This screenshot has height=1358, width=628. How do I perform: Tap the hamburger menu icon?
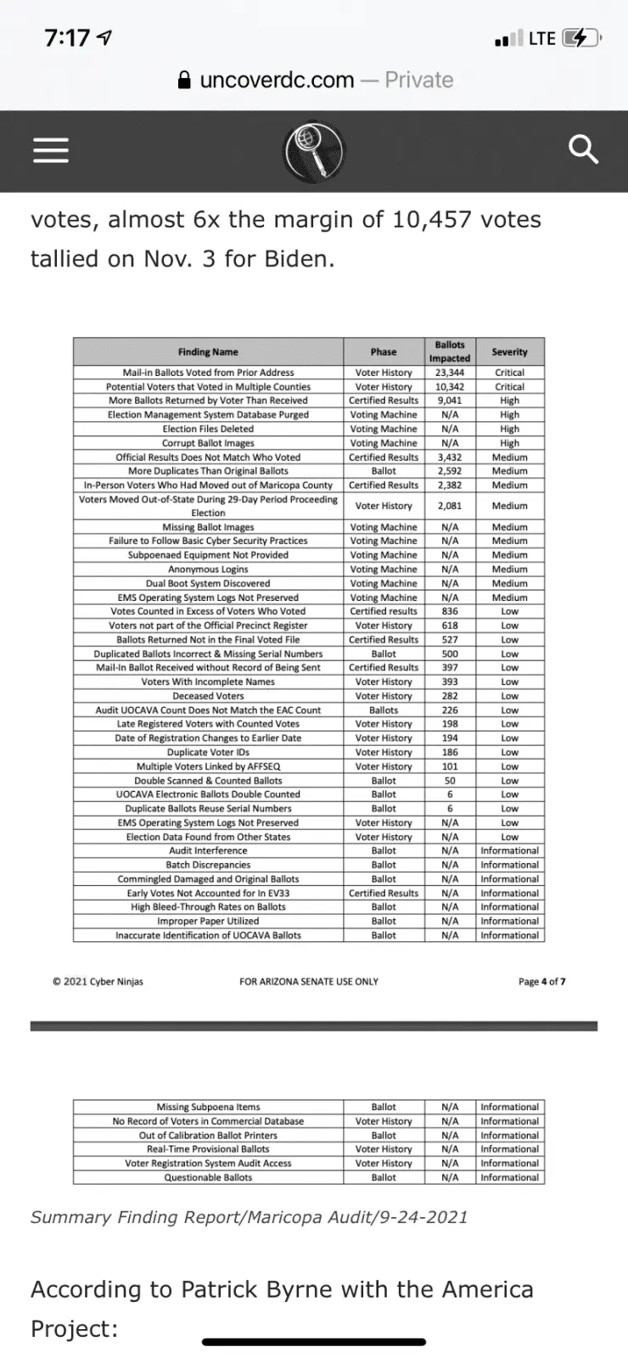tap(50, 150)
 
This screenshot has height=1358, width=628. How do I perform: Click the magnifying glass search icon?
tap(583, 150)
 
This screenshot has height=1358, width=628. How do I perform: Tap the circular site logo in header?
tap(315, 150)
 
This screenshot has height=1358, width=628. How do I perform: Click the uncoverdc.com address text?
tap(277, 80)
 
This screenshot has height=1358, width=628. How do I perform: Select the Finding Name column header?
tap(208, 352)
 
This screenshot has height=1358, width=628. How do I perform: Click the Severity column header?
tap(509, 352)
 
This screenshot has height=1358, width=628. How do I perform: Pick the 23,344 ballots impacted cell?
tap(450, 373)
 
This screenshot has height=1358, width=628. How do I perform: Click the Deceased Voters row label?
tap(208, 696)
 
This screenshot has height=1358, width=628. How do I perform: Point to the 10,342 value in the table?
tap(450, 387)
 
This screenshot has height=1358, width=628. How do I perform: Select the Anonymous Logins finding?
tap(208, 570)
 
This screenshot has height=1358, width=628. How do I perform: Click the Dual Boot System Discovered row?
tap(208, 584)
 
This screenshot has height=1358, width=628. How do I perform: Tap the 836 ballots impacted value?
tap(450, 611)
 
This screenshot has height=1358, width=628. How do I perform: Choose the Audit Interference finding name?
tap(208, 850)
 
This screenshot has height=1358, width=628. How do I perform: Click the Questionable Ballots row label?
tap(208, 1177)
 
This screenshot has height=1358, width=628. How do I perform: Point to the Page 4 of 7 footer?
tap(541, 982)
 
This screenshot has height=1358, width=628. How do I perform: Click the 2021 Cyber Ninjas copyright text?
tap(98, 982)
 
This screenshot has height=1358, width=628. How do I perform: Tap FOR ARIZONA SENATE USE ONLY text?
tap(309, 982)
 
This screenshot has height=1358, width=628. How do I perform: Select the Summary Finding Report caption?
tap(249, 1217)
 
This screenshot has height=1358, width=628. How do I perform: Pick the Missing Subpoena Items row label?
tap(208, 1107)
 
